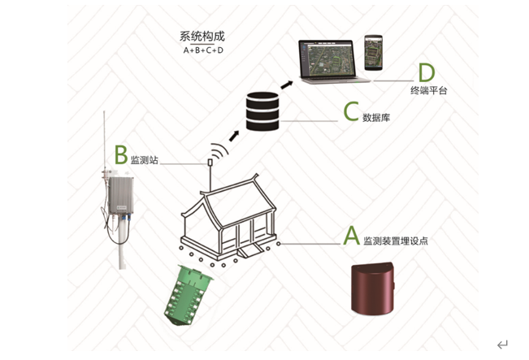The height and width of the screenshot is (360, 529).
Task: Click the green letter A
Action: point(351,235)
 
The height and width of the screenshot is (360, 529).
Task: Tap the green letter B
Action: point(120,154)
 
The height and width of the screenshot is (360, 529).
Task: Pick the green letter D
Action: point(425,75)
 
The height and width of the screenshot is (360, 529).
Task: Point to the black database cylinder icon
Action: point(262,113)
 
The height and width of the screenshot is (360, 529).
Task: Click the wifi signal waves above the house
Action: point(216,150)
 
